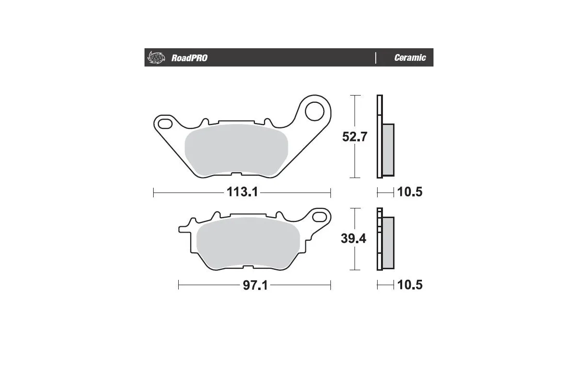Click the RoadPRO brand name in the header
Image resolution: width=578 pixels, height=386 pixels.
coord(189,58)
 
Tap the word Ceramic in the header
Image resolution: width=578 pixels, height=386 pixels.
coord(410,58)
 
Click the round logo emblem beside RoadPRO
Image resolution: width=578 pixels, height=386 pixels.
coord(156,57)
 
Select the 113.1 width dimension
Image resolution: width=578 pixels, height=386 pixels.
coord(243,193)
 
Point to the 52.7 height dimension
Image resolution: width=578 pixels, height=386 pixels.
coord(355,137)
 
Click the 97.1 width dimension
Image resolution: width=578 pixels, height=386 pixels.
coord(255,285)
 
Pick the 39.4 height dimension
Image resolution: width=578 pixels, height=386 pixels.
coord(354,239)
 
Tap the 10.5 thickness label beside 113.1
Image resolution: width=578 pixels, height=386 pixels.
coord(410,193)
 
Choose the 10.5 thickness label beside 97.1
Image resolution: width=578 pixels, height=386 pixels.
coord(410,285)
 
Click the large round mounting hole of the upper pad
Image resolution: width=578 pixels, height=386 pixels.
coord(315,110)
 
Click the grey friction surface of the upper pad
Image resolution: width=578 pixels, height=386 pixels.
coord(236,150)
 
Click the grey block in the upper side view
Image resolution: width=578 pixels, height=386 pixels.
coord(388,150)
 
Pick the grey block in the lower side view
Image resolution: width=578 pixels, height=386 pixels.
coord(388,243)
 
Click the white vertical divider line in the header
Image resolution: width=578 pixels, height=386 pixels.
coord(375,57)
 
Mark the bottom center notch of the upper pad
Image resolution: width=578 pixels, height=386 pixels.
coord(236,175)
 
